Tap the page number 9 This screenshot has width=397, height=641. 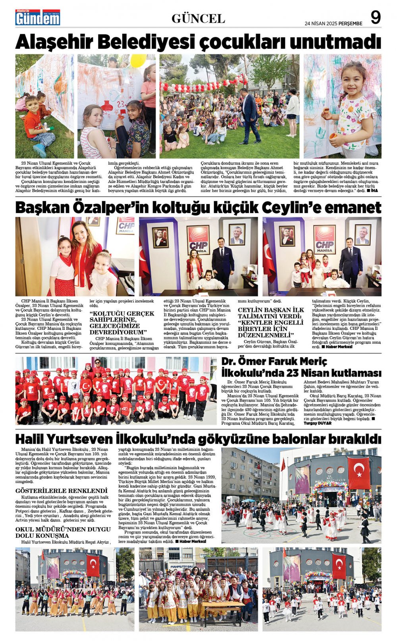(375, 17)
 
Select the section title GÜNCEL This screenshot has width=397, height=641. (198, 18)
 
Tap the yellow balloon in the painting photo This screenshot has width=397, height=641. (137, 60)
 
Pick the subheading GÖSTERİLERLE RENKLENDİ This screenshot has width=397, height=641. (62, 491)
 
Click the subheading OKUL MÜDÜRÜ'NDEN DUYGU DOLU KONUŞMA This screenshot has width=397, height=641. (63, 532)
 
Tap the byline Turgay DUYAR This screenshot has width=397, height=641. (317, 423)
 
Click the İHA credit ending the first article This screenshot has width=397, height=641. (374, 191)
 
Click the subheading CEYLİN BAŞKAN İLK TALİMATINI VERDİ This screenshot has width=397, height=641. (271, 322)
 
